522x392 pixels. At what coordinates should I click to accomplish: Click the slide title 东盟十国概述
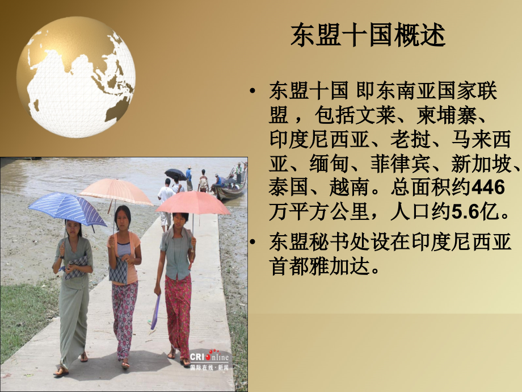point(368,35)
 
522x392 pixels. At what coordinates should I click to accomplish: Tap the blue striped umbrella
point(67,207)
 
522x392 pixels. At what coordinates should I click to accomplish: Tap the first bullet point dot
point(253,91)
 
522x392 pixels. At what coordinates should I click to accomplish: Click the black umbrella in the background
point(175,174)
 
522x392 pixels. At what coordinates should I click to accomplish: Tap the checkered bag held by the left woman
point(76,267)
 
